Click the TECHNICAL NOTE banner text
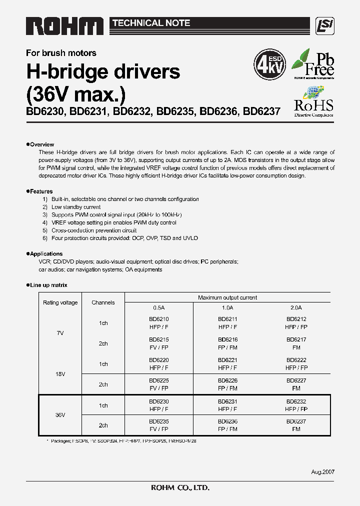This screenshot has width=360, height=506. click(x=151, y=23)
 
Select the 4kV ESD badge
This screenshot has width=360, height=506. click(x=270, y=64)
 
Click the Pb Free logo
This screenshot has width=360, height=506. click(x=313, y=64)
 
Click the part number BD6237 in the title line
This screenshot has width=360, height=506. click(x=261, y=112)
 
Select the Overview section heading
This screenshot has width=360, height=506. click(x=41, y=144)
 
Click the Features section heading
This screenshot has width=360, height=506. click(x=41, y=191)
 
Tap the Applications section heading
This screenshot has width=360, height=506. click(x=45, y=254)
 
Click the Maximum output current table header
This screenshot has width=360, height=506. click(x=227, y=297)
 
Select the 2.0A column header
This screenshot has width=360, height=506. click(x=296, y=308)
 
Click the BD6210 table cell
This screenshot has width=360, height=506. click(x=158, y=318)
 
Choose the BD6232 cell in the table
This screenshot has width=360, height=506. click(x=296, y=401)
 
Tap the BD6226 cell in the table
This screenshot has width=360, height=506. click(x=227, y=380)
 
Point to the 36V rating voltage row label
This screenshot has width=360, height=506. click(x=60, y=415)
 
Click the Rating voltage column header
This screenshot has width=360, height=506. click(x=60, y=302)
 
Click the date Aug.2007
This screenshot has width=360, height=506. click(x=322, y=472)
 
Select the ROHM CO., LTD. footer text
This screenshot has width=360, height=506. click(x=180, y=487)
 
